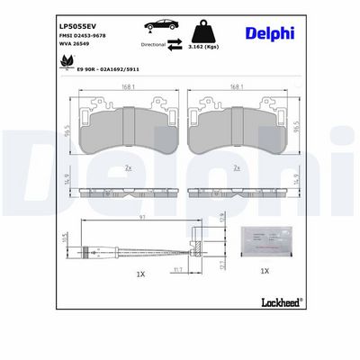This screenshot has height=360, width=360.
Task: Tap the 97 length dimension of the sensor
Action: point(141,218)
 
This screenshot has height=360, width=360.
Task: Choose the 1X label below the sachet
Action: point(264,270)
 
